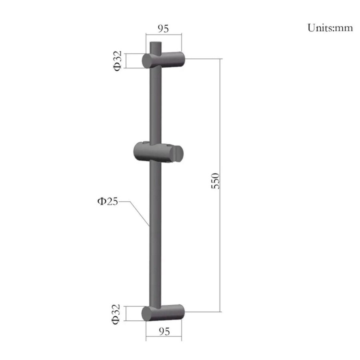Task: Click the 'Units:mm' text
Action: [330, 28]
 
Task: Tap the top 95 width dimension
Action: [163, 28]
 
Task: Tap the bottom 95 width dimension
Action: [164, 332]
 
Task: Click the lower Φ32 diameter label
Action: [116, 314]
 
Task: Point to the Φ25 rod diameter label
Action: [107, 202]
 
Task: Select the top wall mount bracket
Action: [163, 60]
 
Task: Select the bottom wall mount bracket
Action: [163, 312]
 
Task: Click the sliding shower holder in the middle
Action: [158, 152]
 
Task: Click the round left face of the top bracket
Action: [148, 61]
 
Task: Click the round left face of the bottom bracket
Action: [148, 313]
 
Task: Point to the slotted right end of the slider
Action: [179, 153]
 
